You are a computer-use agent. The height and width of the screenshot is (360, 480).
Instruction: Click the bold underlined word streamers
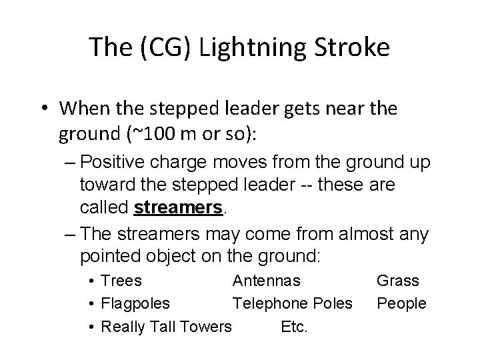point(177,208)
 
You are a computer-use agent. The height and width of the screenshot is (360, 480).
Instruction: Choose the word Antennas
point(267,281)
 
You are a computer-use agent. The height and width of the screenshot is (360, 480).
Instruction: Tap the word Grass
point(398,281)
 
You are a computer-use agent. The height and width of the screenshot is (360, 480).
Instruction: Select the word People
point(401,304)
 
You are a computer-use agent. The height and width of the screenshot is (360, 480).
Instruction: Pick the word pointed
point(107,255)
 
